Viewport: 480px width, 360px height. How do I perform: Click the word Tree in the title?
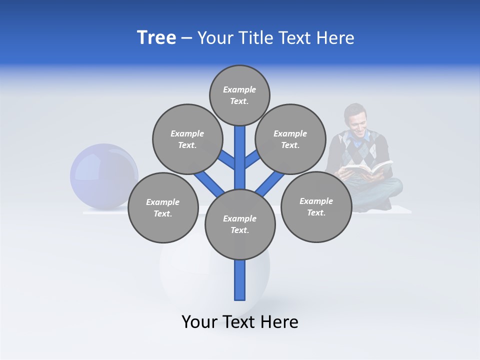[x=156, y=38]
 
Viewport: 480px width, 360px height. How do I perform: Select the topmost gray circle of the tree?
[x=239, y=95]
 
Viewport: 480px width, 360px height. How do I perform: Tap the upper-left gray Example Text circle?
[x=187, y=139]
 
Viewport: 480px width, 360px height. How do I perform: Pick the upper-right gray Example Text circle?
[x=290, y=139]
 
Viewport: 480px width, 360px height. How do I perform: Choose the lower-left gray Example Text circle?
[x=163, y=207]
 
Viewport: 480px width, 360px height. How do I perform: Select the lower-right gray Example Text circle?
[x=316, y=206]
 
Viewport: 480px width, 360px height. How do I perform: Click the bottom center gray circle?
[x=240, y=224]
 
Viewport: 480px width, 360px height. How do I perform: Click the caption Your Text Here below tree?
[x=240, y=322]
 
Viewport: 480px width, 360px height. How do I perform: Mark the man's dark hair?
[x=355, y=108]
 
